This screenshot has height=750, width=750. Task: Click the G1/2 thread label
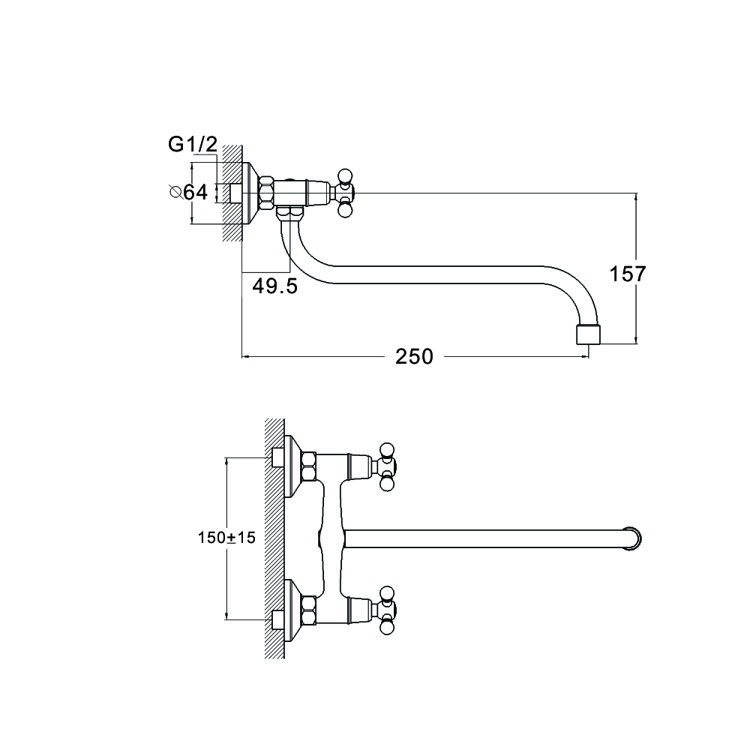[193, 145]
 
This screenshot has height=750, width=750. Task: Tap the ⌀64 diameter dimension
[189, 192]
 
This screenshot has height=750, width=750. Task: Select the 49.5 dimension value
[275, 286]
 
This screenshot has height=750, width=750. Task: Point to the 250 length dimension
[414, 357]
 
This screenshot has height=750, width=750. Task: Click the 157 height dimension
[628, 274]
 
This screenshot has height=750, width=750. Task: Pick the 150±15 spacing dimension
[226, 538]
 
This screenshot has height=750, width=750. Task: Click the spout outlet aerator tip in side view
[588, 334]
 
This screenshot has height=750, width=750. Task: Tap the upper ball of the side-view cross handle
[345, 175]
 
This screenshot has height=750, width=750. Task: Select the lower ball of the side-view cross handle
[345, 210]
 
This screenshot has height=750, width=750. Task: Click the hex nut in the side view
[267, 193]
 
